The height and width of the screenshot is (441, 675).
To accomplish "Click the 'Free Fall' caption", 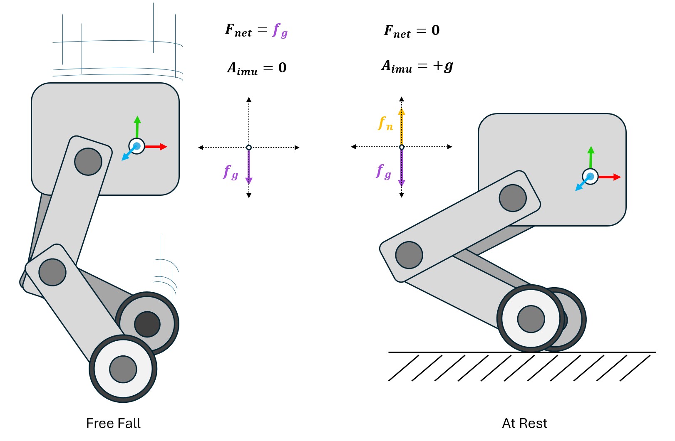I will (x=113, y=423).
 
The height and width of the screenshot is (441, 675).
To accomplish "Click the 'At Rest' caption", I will (x=524, y=423).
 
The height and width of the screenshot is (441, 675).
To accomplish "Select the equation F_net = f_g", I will (x=256, y=30).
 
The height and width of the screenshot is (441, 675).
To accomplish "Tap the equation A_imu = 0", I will (x=256, y=68).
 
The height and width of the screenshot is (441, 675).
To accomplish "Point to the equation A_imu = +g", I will (x=417, y=66).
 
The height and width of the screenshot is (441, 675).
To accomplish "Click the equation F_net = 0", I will (x=412, y=31).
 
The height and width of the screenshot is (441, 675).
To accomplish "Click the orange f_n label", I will (x=386, y=123).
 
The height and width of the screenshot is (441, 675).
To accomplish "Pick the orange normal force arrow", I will (x=402, y=127).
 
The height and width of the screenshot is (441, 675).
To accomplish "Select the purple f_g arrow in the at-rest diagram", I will (x=402, y=168).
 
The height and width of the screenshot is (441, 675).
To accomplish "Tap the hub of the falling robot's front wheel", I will (x=123, y=369).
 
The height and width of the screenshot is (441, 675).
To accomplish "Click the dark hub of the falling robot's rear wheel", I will (x=147, y=324).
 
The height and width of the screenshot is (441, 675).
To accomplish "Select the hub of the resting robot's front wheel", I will (x=531, y=319).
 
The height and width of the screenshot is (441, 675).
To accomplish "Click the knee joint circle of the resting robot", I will (x=409, y=255).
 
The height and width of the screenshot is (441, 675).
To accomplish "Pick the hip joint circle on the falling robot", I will (x=88, y=161).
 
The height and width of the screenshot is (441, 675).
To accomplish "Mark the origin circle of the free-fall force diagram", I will (x=249, y=148).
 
